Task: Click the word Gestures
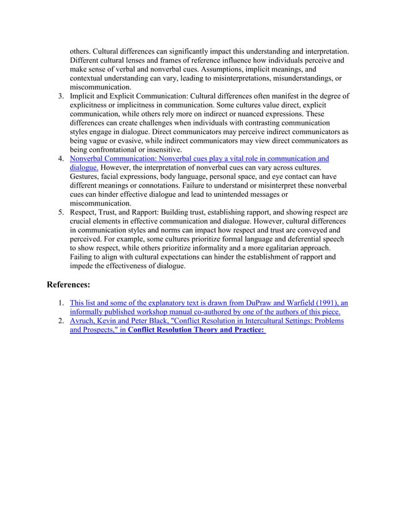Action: [86, 177]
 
